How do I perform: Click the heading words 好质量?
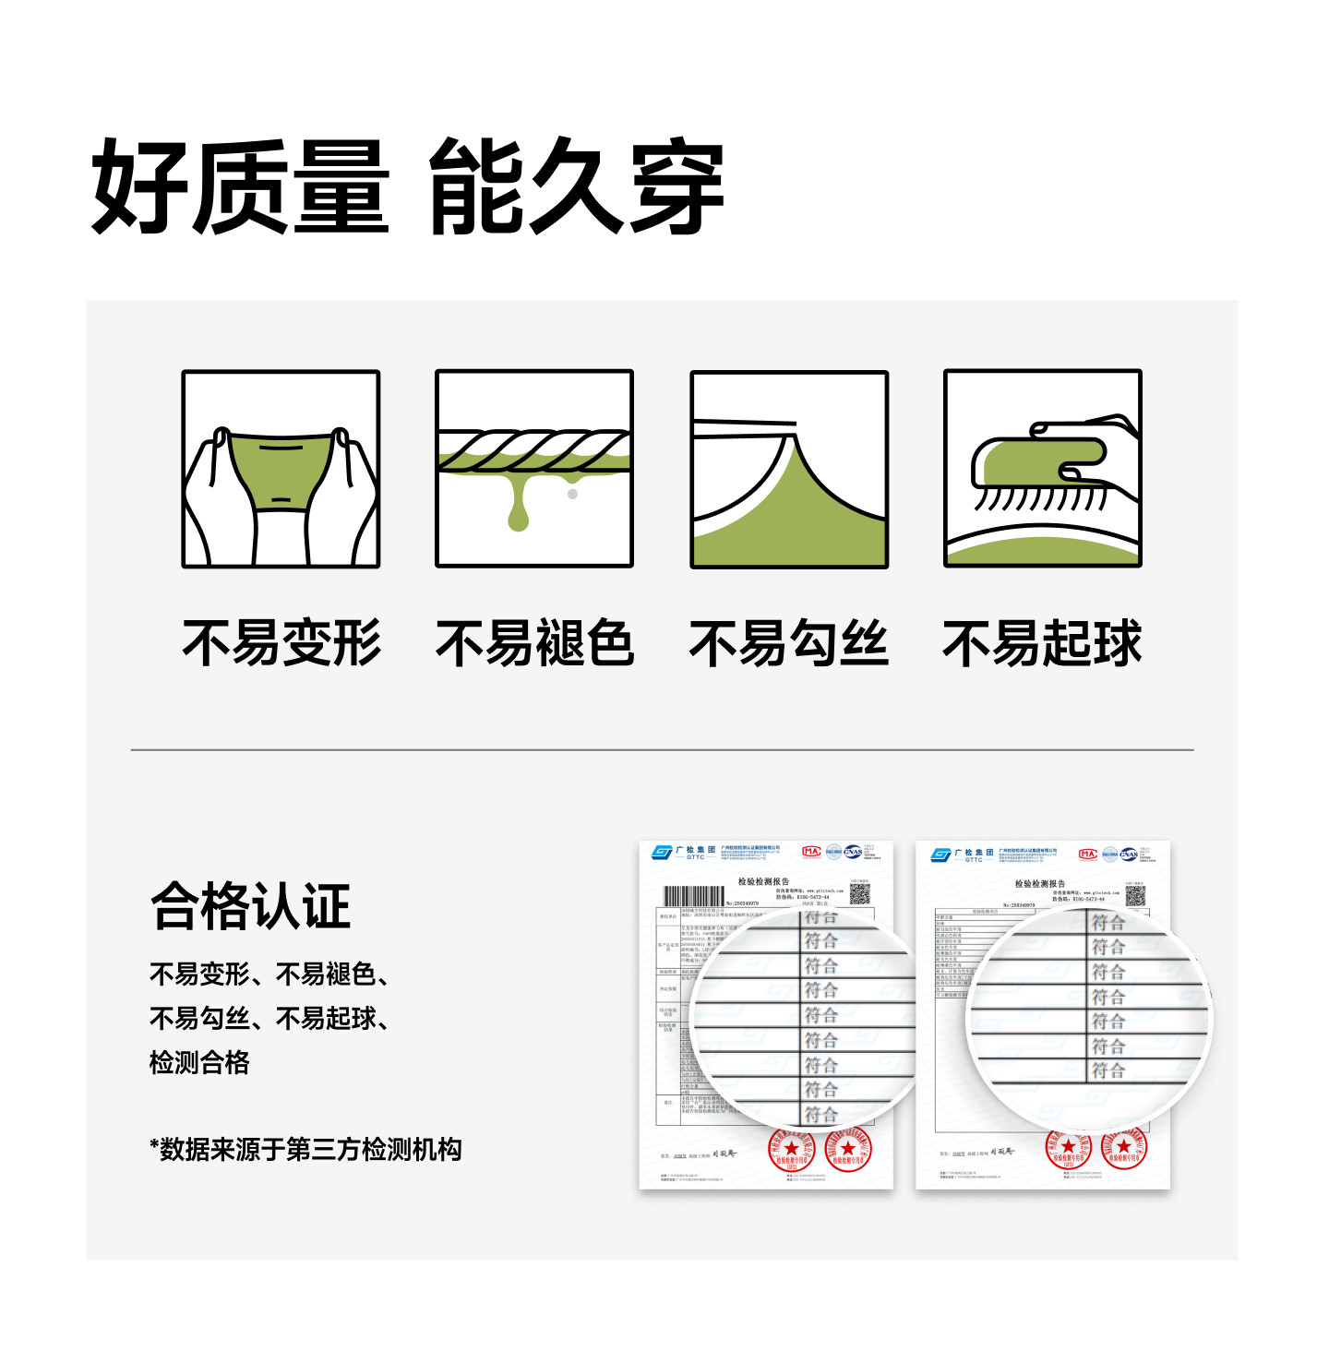[x=240, y=187]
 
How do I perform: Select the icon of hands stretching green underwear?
[x=281, y=469]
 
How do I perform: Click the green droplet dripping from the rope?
[x=519, y=508]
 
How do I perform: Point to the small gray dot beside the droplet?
[x=572, y=494]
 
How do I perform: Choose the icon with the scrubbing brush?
[x=1043, y=469]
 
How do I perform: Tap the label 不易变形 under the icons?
[x=281, y=643]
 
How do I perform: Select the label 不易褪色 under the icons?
[x=534, y=643]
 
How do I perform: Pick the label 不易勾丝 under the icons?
[x=788, y=643]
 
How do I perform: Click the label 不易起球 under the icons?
[x=1042, y=643]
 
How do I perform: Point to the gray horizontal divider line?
[x=662, y=749]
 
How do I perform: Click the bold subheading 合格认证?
[x=250, y=906]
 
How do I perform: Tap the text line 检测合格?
[x=199, y=1062]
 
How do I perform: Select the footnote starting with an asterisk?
[x=305, y=1150]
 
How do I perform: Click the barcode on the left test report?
[x=694, y=896]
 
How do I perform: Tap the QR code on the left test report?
[x=859, y=893]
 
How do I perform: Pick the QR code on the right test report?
[x=1135, y=895]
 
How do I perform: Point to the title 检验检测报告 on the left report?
[x=763, y=882]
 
